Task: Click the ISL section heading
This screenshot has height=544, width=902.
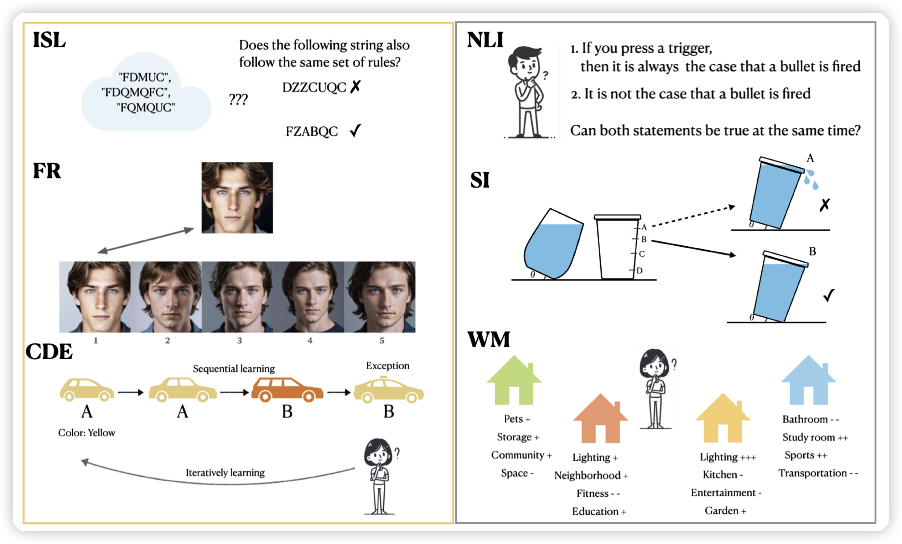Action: [x=49, y=40]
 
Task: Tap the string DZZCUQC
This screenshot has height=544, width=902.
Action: [x=314, y=88]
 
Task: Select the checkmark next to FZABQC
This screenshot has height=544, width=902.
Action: [x=356, y=131]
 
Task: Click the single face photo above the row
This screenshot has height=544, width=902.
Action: [x=237, y=198]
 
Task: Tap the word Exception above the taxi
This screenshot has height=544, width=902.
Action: [x=388, y=366]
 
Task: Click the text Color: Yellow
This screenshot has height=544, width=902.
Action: [x=87, y=433]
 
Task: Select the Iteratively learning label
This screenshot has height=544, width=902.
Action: [x=225, y=473]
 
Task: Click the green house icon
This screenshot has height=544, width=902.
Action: [x=514, y=381]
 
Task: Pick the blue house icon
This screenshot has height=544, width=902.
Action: [x=808, y=381]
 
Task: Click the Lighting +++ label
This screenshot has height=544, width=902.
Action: [x=728, y=457]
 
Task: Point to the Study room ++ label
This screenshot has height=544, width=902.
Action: [x=815, y=438]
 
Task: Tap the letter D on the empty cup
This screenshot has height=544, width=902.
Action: [x=639, y=271]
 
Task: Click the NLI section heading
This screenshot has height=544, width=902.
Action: [x=485, y=40]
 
